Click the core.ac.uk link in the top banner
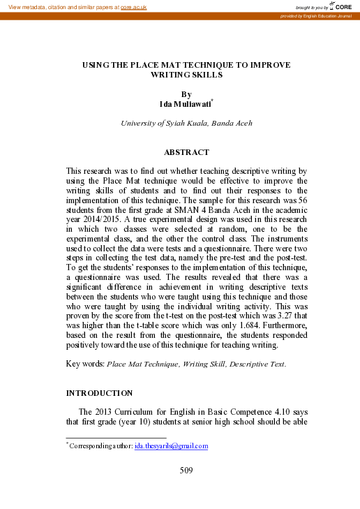(133, 7)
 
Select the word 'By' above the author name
(186, 94)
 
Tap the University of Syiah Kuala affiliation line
(186, 123)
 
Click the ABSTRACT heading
(186, 152)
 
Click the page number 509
(186, 470)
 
